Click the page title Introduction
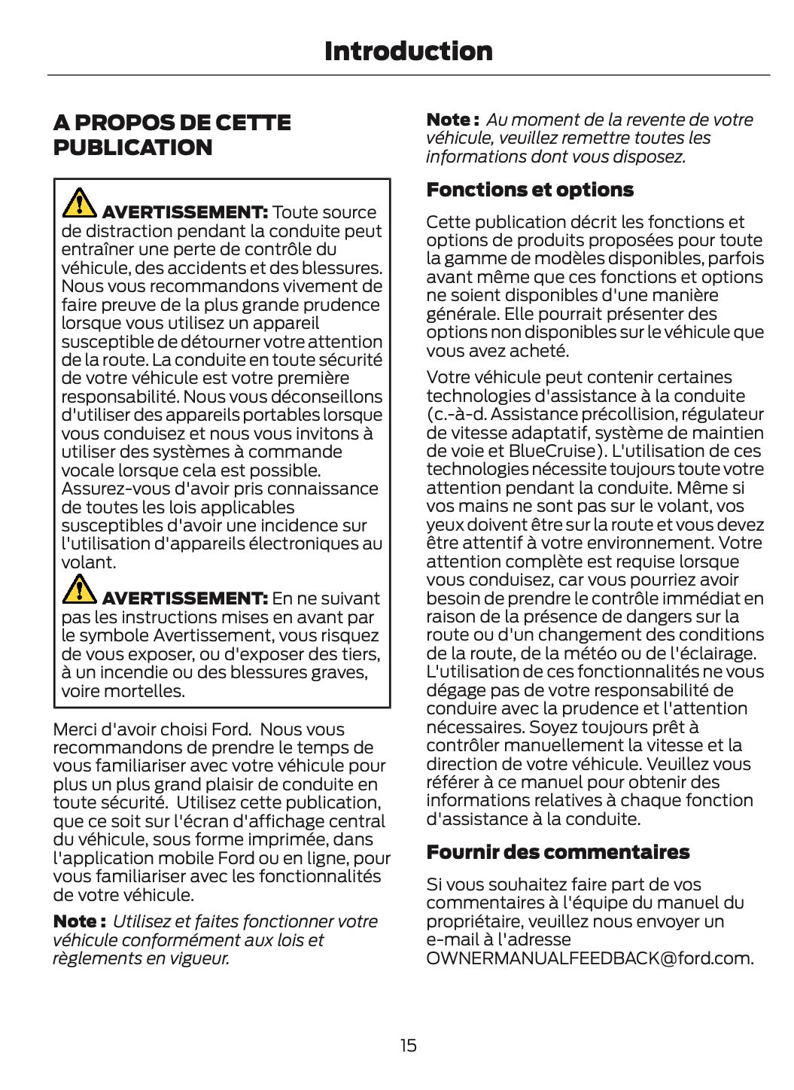click(x=408, y=51)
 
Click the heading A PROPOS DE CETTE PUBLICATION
click(x=172, y=135)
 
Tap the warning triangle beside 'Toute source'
click(x=78, y=201)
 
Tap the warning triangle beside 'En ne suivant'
click(x=78, y=588)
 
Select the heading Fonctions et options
click(x=529, y=190)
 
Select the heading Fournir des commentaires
click(x=557, y=852)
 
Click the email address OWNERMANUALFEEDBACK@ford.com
click(x=589, y=958)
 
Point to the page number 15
click(x=408, y=1045)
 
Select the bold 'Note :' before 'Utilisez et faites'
click(x=78, y=921)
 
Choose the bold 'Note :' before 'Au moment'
click(x=452, y=120)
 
